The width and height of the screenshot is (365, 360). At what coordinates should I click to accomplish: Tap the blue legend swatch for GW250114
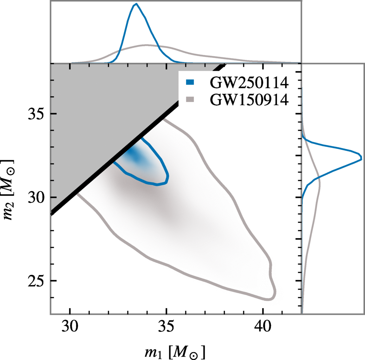(190, 83)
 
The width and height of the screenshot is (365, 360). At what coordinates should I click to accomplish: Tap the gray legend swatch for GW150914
(190, 99)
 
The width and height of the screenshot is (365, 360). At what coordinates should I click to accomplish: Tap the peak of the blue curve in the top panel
(136, 4)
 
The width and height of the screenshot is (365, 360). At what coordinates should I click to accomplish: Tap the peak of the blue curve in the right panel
(361, 159)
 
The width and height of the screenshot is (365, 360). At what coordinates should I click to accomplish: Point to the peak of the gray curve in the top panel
(147, 45)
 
